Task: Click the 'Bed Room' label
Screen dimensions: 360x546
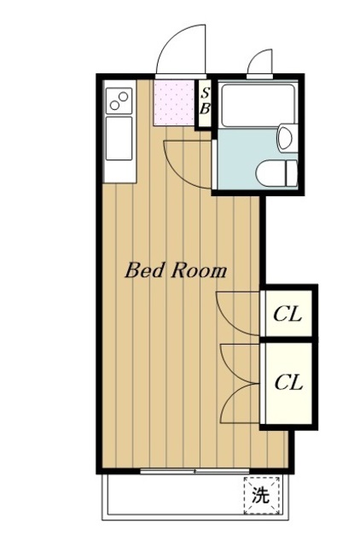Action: pyautogui.click(x=176, y=270)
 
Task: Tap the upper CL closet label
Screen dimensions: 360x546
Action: pyautogui.click(x=287, y=315)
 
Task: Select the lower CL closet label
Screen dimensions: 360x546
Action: pyautogui.click(x=288, y=382)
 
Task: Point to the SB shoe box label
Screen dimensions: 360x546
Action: pyautogui.click(x=205, y=101)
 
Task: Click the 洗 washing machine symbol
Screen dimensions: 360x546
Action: pyautogui.click(x=262, y=495)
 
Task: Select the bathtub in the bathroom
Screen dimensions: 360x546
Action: pyautogui.click(x=258, y=105)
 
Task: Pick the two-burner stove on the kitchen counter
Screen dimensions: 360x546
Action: pyautogui.click(x=119, y=101)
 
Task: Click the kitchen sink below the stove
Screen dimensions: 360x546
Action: pyautogui.click(x=119, y=138)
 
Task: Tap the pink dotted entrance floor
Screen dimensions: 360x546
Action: pyautogui.click(x=174, y=102)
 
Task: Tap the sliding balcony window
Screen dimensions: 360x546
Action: pyautogui.click(x=195, y=472)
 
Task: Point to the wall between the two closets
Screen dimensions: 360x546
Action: pyautogui.click(x=288, y=340)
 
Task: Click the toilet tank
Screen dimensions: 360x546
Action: pyautogui.click(x=292, y=173)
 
